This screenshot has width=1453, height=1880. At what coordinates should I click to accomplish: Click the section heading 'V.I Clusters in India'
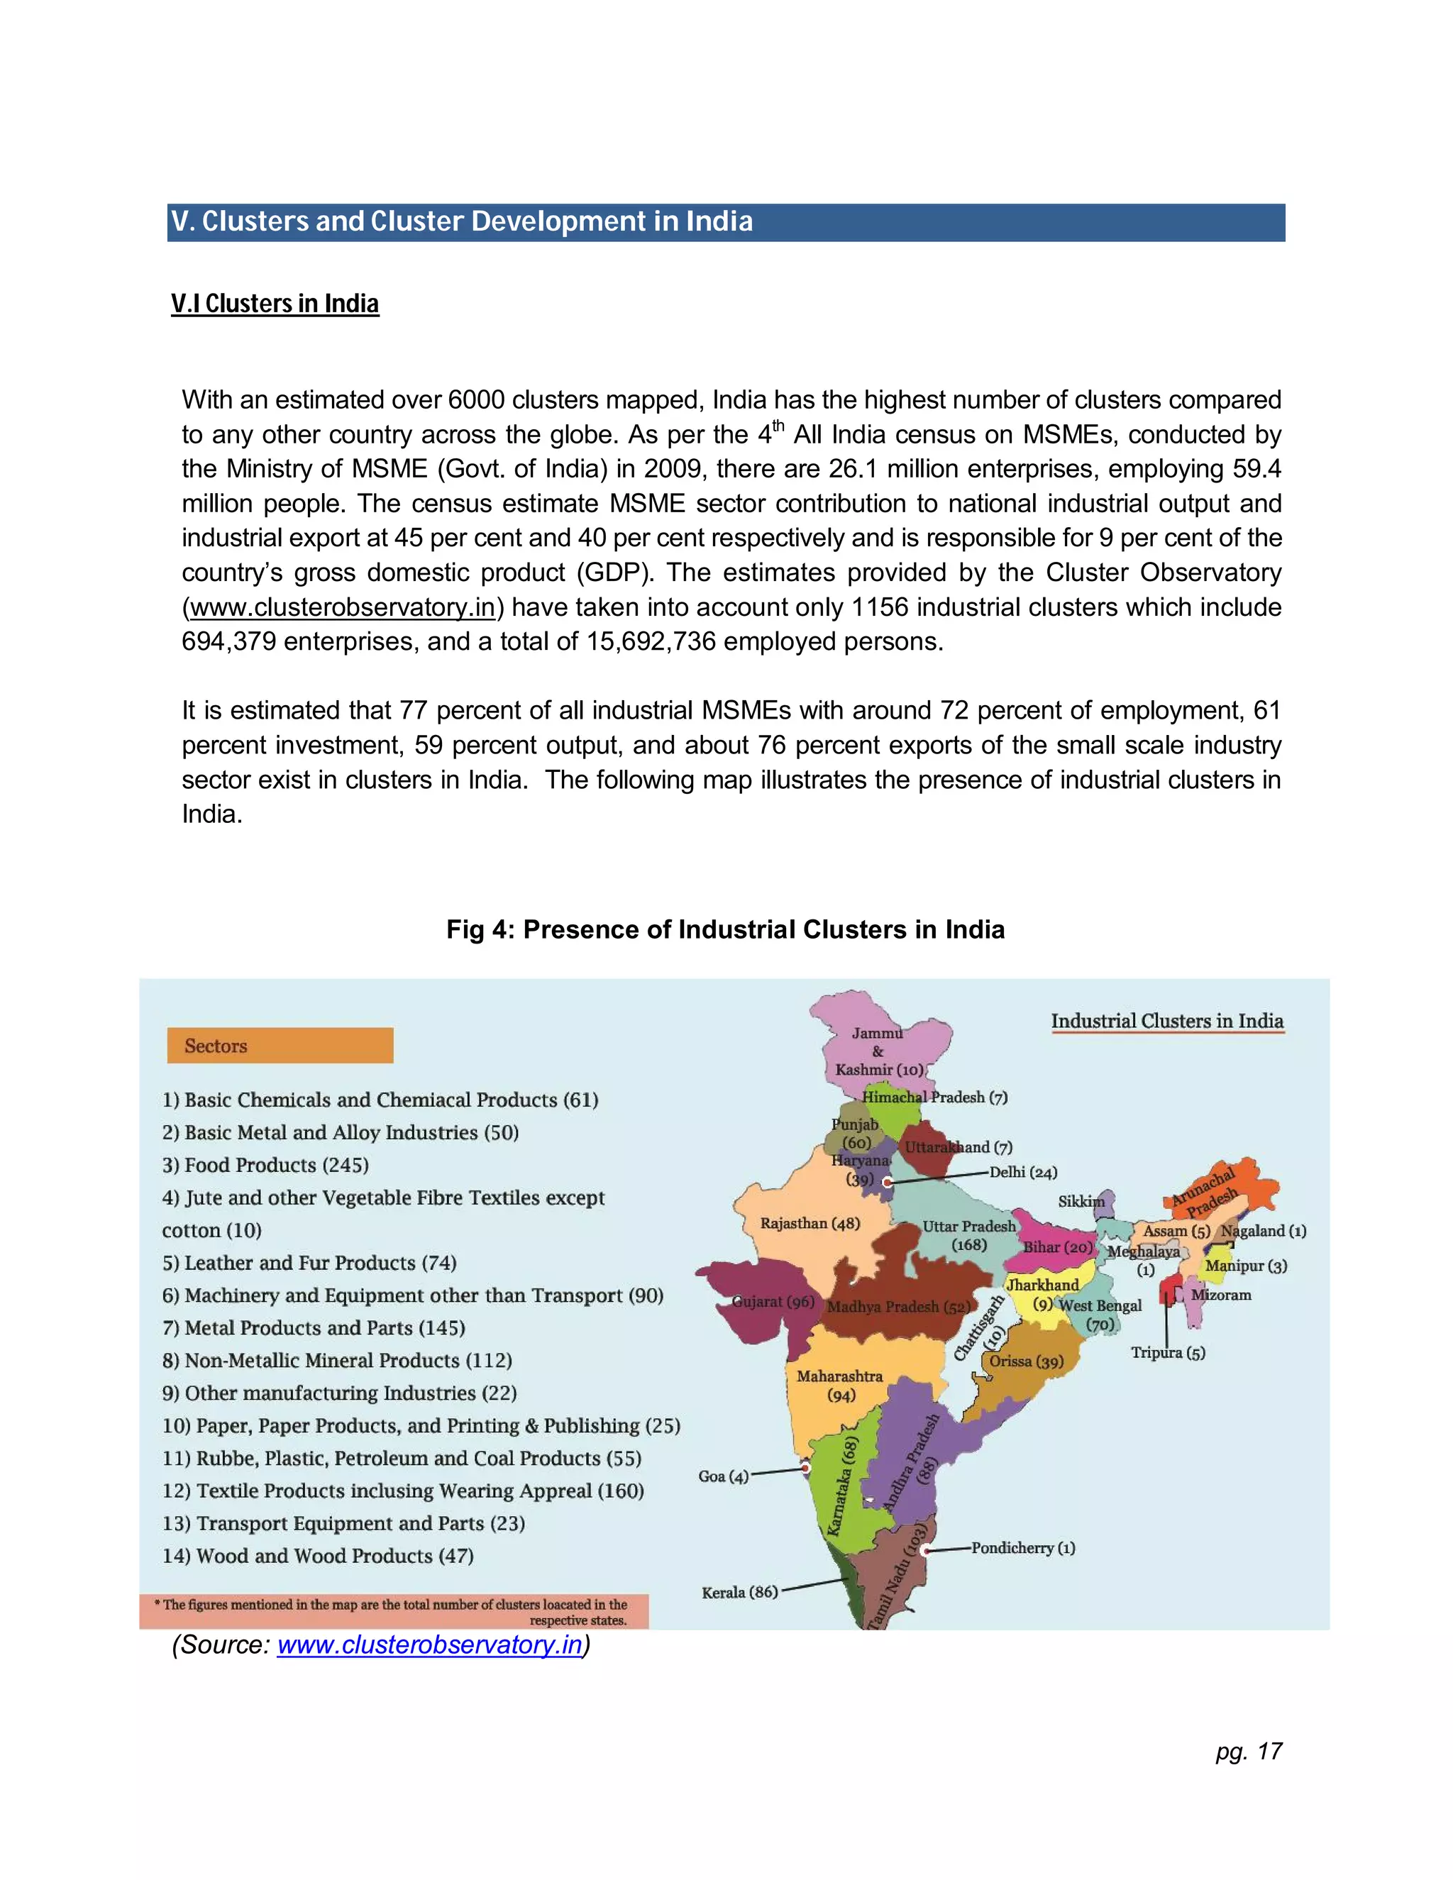(275, 304)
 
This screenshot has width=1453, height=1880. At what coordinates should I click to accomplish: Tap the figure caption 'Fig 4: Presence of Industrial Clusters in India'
(725, 929)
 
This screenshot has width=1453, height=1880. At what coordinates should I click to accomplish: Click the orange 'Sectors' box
(280, 1045)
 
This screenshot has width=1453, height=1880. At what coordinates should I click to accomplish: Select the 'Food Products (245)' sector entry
(265, 1165)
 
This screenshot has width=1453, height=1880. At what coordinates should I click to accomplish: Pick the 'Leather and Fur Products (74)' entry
(309, 1263)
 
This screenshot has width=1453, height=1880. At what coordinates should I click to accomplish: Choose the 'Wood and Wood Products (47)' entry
(318, 1556)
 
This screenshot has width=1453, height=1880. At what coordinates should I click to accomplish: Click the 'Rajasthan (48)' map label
(810, 1223)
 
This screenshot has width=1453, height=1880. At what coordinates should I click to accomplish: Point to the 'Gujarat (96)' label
(772, 1302)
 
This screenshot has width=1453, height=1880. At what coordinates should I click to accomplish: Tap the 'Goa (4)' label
(723, 1476)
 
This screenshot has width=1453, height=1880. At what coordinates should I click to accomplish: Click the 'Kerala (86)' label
(739, 1593)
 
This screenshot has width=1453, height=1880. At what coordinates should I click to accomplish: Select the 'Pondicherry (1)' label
(1022, 1548)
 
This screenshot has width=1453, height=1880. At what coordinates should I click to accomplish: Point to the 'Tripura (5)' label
(1168, 1352)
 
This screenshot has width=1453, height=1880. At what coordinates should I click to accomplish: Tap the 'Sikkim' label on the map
(1081, 1201)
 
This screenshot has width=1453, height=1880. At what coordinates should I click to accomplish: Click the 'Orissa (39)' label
(1026, 1361)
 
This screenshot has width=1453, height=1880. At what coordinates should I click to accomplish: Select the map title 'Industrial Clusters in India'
(1166, 1021)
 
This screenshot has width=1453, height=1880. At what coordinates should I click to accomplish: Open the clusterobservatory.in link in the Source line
(429, 1644)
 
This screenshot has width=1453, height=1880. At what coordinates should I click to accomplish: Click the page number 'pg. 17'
(1248, 1751)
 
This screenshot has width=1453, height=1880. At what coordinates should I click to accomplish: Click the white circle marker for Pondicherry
(925, 1549)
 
